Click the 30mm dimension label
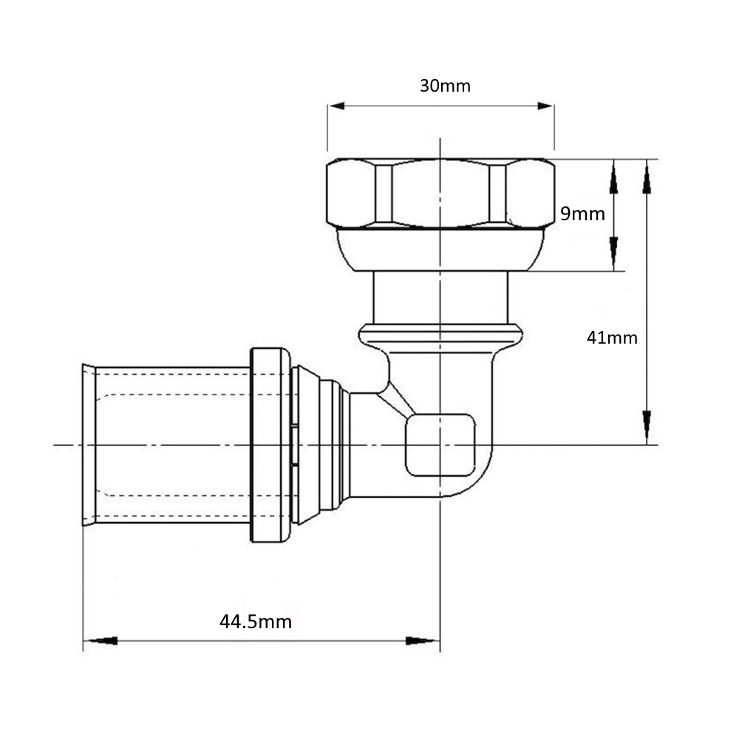(445, 86)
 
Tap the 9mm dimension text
(582, 214)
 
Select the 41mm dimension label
(612, 338)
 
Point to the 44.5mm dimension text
(256, 621)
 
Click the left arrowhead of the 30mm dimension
(336, 106)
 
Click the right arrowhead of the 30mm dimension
(545, 106)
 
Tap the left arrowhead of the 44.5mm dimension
(101, 641)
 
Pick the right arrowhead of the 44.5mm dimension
(422, 641)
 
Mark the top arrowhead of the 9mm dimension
(613, 177)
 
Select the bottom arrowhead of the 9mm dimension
(613, 253)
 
